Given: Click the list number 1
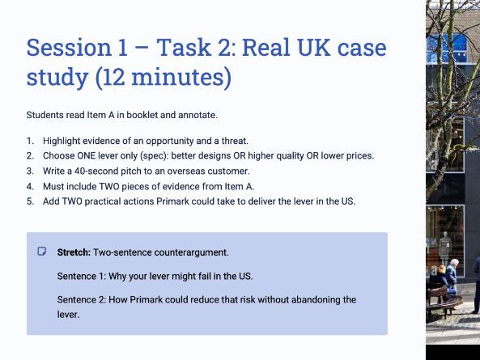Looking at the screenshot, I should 30,141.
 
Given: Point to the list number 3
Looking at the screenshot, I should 30,171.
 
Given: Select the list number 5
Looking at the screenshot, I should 30,201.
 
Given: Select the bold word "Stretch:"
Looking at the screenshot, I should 74,252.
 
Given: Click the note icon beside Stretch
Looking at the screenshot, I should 42,252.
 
